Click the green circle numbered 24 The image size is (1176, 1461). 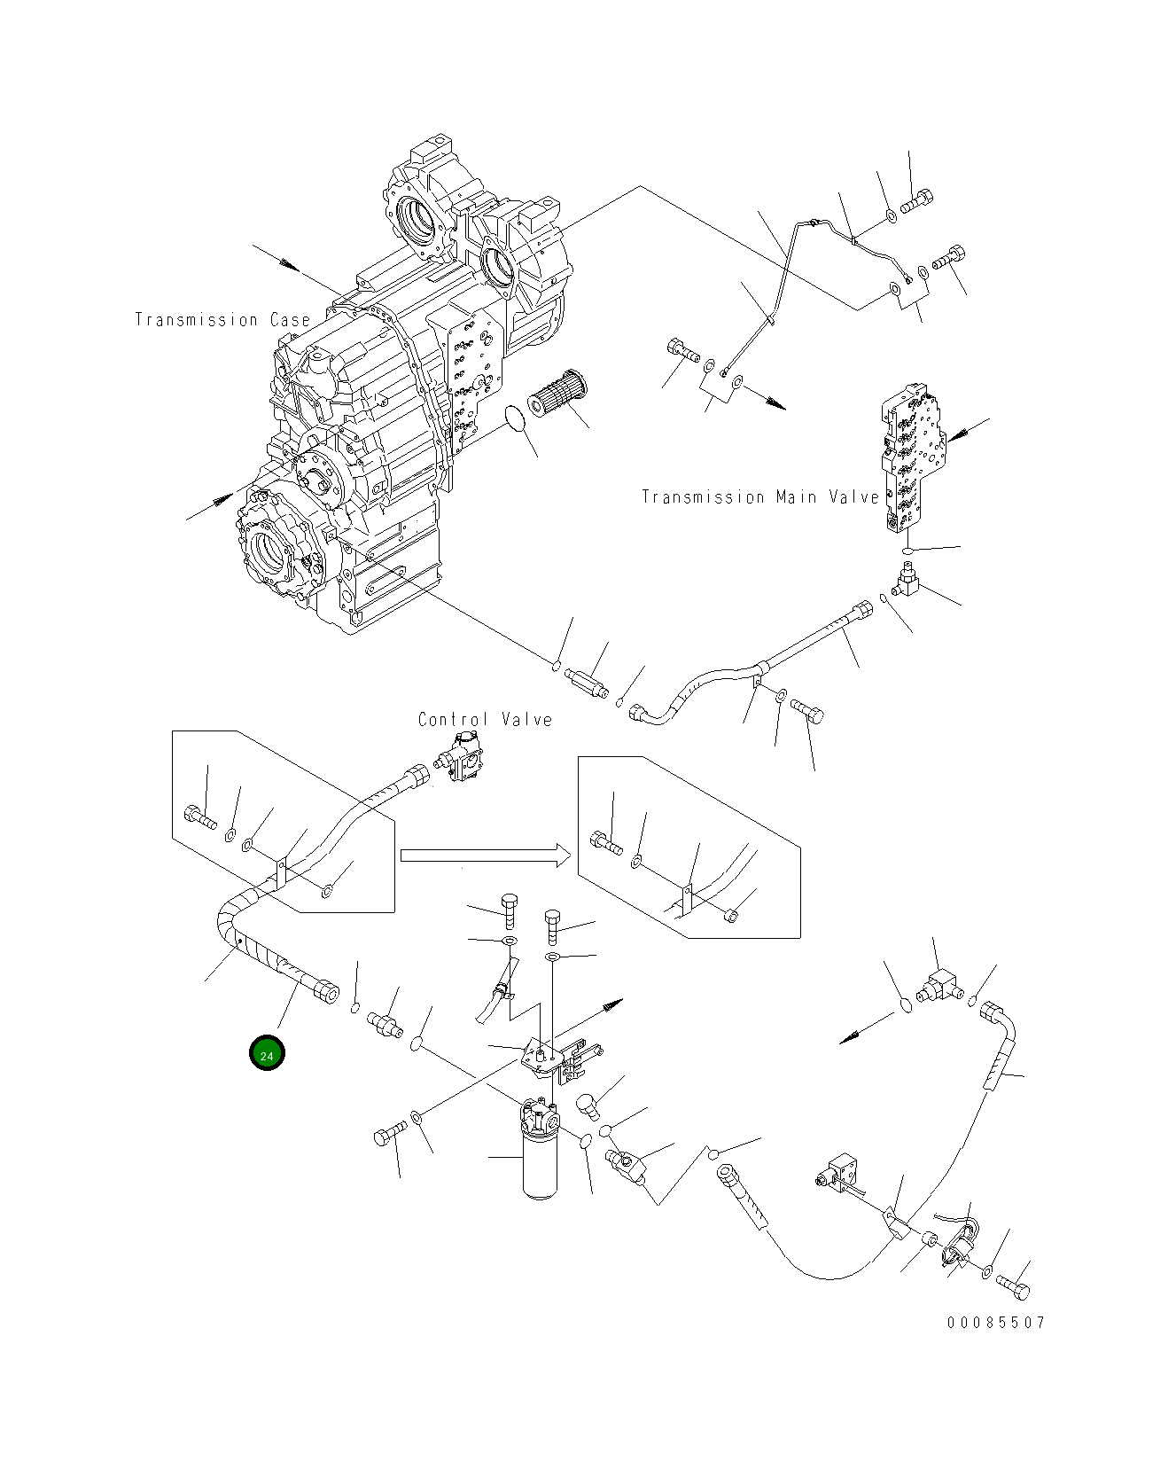coord(267,1053)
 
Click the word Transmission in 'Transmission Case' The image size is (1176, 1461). coord(196,320)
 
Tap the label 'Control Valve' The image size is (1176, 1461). coord(485,720)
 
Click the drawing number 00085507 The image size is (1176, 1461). coord(996,1323)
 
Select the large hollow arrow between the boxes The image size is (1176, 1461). coord(484,855)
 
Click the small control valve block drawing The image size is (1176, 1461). coord(462,758)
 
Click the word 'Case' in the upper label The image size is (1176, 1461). coord(289,320)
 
